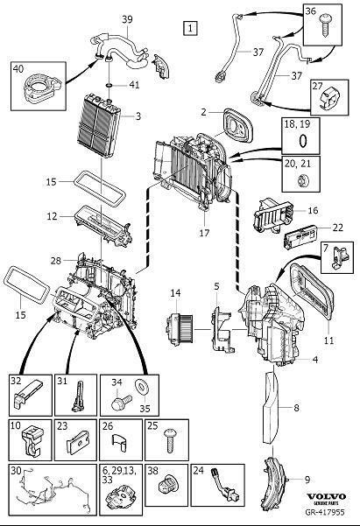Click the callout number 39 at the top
127,19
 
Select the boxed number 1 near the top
189,28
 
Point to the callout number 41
134,86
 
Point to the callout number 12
52,215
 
